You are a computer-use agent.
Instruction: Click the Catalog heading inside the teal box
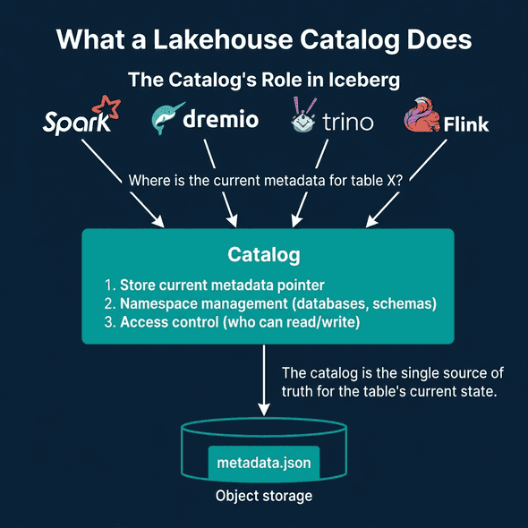[x=263, y=256]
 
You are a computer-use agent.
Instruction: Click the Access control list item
[x=232, y=322]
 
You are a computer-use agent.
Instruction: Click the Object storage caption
[x=263, y=496]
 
